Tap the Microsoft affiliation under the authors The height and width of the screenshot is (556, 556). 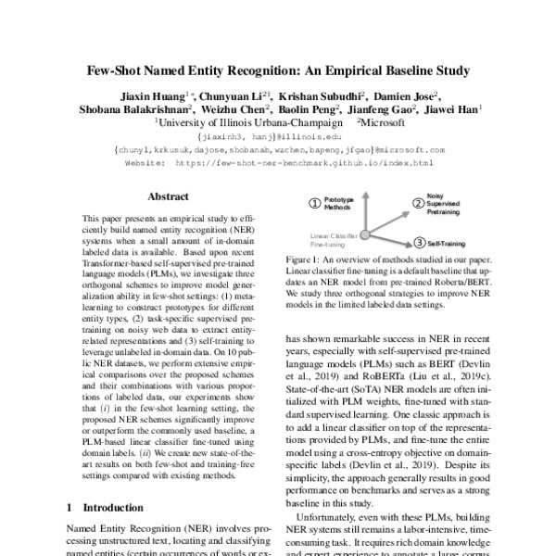(388, 122)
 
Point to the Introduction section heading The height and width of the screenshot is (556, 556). (109, 508)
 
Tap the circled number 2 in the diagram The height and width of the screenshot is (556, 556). (417, 204)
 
